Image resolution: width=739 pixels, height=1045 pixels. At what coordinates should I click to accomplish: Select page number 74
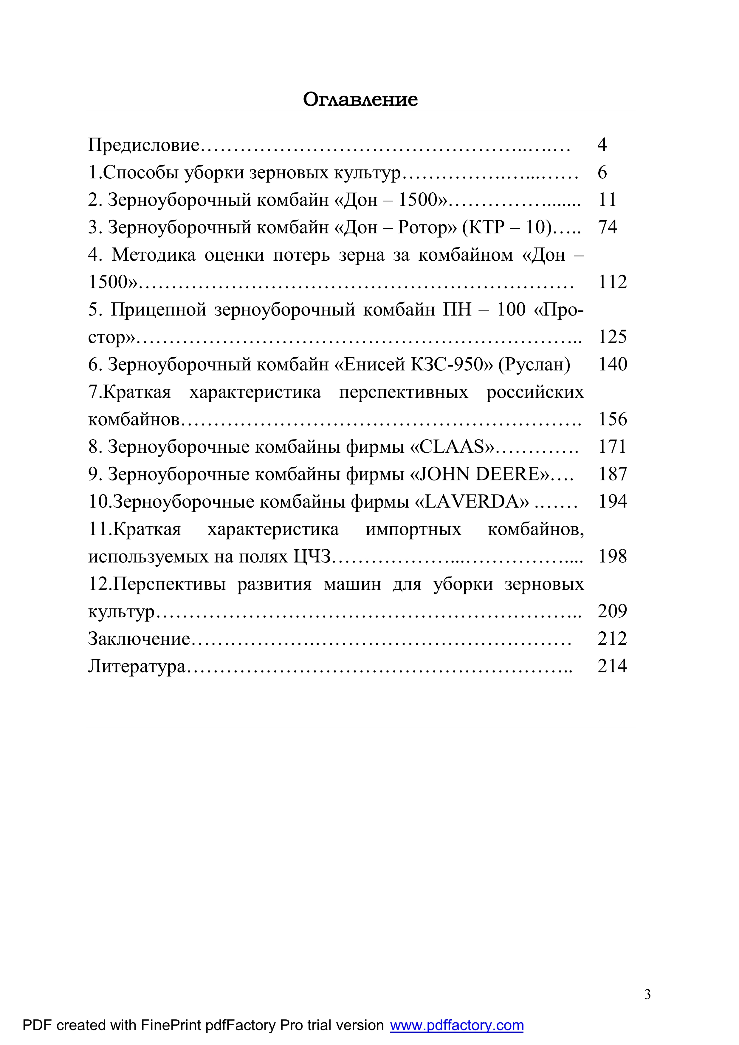point(608,227)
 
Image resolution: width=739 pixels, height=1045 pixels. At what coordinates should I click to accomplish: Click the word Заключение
point(139,639)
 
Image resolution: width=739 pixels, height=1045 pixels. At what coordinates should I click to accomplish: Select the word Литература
point(137,666)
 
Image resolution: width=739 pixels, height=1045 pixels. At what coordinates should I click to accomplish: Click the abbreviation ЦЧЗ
point(312,556)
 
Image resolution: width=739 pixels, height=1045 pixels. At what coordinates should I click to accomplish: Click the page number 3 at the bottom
point(647,995)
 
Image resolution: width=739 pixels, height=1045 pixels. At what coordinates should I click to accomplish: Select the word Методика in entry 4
point(153,255)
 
